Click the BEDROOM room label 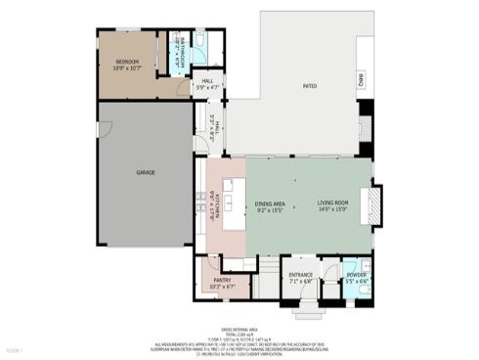coord(127,62)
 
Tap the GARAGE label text coord(145,172)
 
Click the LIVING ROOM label coord(331,202)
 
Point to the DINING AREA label coord(269,202)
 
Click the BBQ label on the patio coord(360,79)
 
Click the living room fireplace coord(370,205)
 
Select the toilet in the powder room coord(364,290)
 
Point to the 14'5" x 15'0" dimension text coord(331,209)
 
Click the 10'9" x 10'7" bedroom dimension coord(127,68)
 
